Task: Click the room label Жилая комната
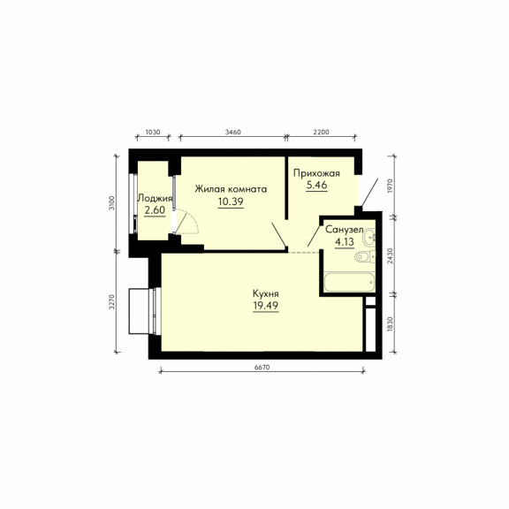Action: (231, 189)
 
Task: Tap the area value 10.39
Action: (231, 201)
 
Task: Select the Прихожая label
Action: (316, 173)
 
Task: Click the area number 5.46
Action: (316, 185)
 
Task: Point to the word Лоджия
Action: (155, 198)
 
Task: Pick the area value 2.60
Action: (155, 210)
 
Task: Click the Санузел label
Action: (345, 230)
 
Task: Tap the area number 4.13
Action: (345, 242)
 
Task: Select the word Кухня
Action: (265, 293)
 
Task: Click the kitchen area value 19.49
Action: (265, 306)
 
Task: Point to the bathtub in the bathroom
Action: (349, 282)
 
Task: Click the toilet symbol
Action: (365, 257)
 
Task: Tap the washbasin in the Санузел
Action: (369, 236)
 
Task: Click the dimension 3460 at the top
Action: (233, 133)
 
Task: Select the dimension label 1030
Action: (153, 133)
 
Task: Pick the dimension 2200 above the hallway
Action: (322, 133)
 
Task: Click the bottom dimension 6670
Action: (262, 367)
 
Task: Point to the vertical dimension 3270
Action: (111, 302)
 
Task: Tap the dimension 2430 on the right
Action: (391, 255)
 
